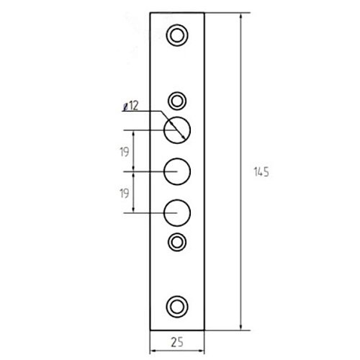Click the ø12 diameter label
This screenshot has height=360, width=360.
point(131,106)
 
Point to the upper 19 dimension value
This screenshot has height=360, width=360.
point(125,152)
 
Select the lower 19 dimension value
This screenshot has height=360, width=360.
point(125,193)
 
